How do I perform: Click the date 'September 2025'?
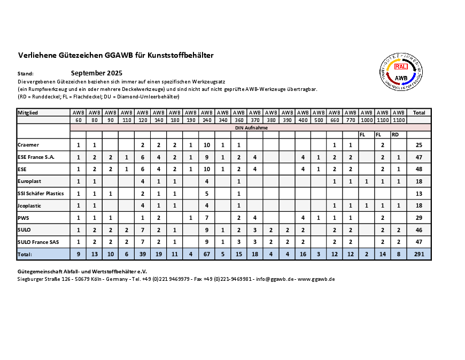[97, 73]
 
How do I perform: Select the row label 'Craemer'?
[28, 145]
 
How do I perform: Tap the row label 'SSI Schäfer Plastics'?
[41, 194]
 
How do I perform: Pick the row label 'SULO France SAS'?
[38, 242]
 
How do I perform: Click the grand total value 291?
[419, 255]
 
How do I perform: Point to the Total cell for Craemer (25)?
[419, 145]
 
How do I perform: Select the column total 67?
[207, 255]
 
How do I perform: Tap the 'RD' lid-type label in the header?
[395, 135]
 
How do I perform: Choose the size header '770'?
[351, 120]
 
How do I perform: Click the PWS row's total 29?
[419, 218]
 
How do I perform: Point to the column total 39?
[143, 255]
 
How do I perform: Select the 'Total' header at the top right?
[419, 113]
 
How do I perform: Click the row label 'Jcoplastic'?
[29, 206]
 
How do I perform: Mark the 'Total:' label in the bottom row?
[25, 255]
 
